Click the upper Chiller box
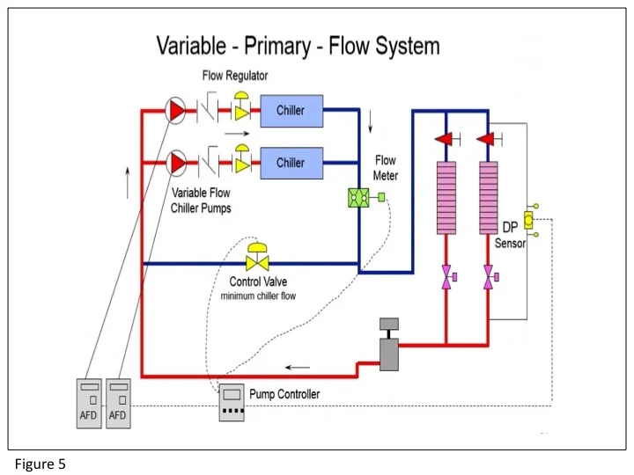click(x=291, y=111)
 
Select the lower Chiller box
click(x=291, y=163)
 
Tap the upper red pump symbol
click(x=176, y=111)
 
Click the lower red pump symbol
click(x=176, y=163)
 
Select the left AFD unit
click(x=89, y=404)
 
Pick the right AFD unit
click(x=118, y=404)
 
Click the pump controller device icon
click(x=232, y=402)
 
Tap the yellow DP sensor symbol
click(x=529, y=220)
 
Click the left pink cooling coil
click(x=447, y=198)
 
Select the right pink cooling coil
click(x=489, y=198)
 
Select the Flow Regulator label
click(x=235, y=76)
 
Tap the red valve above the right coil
click(x=484, y=139)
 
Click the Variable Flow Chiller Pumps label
click(x=202, y=200)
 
